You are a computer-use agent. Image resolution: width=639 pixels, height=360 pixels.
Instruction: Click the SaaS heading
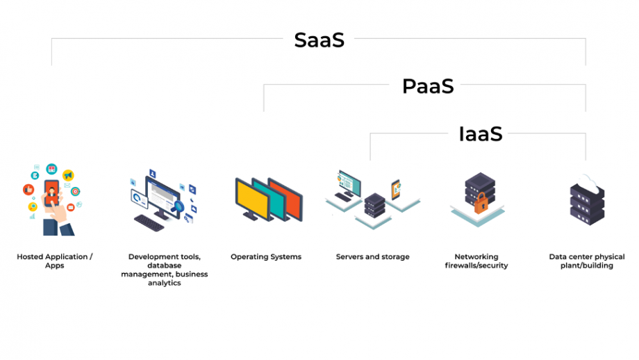[319, 40]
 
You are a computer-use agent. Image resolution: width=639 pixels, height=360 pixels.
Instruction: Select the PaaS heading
[428, 86]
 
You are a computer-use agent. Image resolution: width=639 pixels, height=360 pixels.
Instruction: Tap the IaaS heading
[481, 134]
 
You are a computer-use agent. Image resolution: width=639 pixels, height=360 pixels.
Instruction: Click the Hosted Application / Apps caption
[55, 261]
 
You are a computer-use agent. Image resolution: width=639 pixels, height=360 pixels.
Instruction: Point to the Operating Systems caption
[266, 257]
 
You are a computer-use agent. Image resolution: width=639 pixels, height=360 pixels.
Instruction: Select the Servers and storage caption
[372, 257]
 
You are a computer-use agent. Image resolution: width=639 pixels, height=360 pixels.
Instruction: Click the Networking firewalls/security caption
[476, 261]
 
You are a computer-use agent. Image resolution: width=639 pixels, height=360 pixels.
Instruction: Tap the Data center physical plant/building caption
[587, 261]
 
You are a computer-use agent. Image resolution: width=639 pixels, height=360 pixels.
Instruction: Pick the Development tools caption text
[164, 270]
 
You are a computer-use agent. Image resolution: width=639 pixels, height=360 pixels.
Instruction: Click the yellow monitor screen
[253, 199]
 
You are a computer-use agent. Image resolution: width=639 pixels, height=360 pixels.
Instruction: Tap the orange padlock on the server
[481, 204]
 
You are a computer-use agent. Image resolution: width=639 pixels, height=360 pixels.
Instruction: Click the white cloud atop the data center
[587, 183]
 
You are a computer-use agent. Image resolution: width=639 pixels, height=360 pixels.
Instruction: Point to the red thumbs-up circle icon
[28, 190]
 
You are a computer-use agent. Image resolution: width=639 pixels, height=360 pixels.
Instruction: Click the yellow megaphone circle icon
[68, 175]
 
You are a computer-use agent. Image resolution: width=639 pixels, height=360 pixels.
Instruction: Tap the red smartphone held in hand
[52, 193]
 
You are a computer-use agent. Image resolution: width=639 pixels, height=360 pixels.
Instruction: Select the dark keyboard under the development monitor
[149, 223]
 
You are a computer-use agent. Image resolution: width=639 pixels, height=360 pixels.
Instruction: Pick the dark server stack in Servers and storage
[374, 206]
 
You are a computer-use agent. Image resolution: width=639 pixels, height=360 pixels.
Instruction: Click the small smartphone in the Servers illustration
[396, 190]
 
